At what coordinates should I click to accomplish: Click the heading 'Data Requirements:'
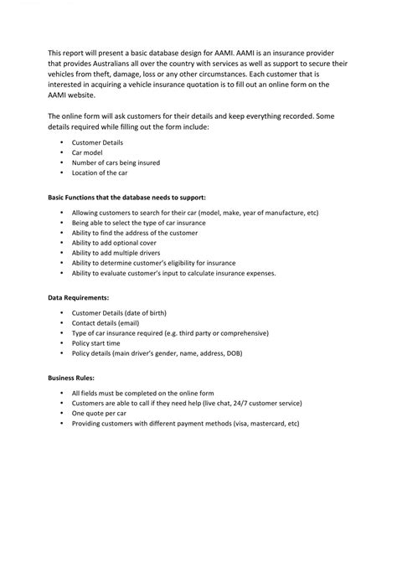click(x=78, y=296)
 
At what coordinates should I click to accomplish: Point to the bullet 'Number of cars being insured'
click(x=116, y=162)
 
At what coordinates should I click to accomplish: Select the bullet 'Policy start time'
click(x=96, y=343)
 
